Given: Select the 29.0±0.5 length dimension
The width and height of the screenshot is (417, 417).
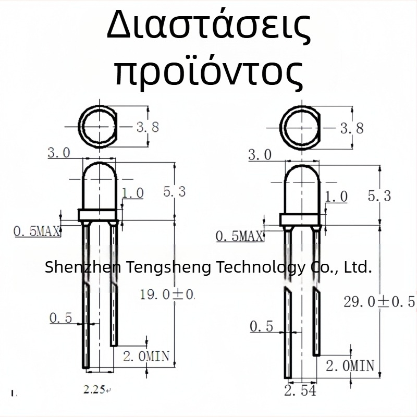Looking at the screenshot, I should [379, 301].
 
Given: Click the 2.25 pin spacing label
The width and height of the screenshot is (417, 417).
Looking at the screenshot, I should [94, 388].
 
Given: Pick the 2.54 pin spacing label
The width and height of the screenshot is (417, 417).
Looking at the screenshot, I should [300, 390].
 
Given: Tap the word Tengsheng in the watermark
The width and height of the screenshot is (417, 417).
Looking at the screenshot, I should [167, 268].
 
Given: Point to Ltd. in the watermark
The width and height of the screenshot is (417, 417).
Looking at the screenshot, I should [359, 268].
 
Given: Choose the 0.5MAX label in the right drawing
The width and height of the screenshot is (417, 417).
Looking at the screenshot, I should [239, 237].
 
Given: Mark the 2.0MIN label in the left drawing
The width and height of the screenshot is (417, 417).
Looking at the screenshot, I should [146, 357].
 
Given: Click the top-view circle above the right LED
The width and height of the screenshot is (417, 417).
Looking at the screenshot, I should [299, 127].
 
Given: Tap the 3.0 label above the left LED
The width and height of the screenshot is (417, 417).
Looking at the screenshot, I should [58, 153].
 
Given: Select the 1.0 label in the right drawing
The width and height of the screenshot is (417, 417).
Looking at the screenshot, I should [336, 197].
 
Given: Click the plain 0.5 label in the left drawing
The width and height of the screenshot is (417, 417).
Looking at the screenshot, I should [61, 318].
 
